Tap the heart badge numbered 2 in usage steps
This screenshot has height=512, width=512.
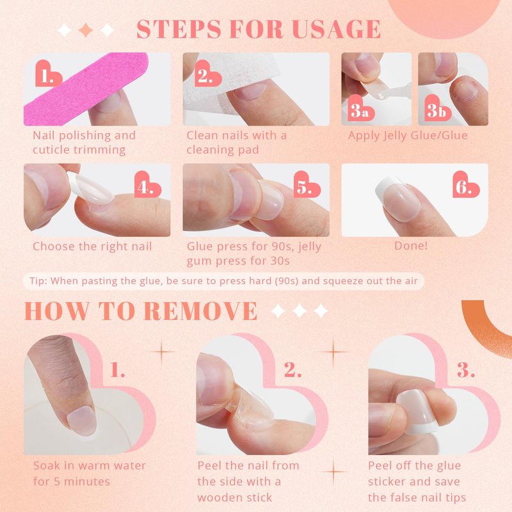pos(207,74)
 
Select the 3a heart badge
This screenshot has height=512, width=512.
pos(361,108)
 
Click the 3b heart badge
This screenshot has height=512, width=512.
pos(438,108)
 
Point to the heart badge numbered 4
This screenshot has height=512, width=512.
pos(147,184)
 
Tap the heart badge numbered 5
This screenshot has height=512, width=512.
pos(307,184)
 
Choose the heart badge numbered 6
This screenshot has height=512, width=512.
pos(466,184)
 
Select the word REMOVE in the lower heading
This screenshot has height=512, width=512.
pos(200,310)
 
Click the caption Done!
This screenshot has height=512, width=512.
pos(411,246)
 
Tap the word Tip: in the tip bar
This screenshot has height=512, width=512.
pos(38,281)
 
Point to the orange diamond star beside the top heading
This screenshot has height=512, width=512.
pos(86,30)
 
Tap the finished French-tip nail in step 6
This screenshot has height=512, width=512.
pos(397,198)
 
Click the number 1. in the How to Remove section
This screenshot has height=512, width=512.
pos(117,370)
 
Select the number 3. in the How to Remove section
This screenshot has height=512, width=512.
pos(466,370)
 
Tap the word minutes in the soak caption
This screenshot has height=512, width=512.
pos(86,482)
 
